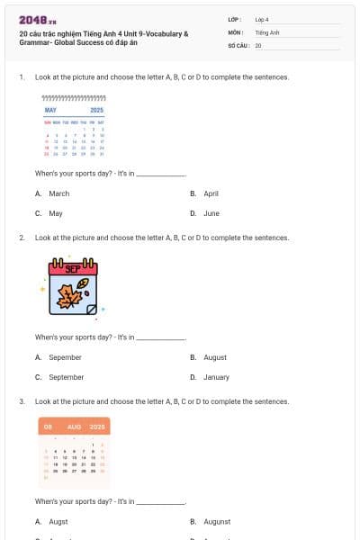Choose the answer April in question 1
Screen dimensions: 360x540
coord(211,193)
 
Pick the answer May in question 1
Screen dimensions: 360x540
coord(56,214)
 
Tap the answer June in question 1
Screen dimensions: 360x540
coord(211,214)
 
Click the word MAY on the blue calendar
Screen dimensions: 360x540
coord(50,110)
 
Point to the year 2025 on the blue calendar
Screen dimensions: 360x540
coord(97,110)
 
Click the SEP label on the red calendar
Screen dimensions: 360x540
coord(73,267)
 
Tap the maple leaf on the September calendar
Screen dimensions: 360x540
coord(70,294)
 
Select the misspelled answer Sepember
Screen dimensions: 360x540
coord(65,357)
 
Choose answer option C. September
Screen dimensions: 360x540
coord(66,378)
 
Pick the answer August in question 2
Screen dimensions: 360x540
coord(215,357)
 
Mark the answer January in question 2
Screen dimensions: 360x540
coord(216,378)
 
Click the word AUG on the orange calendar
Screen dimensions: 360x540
coord(74,426)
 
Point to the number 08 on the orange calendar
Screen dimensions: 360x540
coord(48,426)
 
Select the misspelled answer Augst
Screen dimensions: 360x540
coord(58,522)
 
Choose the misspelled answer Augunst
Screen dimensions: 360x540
coord(217,522)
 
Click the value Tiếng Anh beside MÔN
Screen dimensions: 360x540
coord(267,31)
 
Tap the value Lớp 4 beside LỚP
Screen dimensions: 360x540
coord(262,19)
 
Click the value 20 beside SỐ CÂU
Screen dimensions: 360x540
coord(258,45)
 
